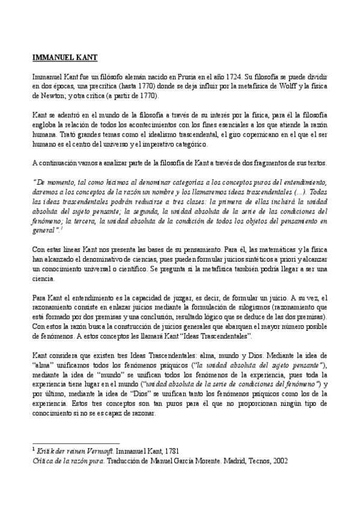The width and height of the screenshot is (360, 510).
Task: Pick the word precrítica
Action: click(95, 87)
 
